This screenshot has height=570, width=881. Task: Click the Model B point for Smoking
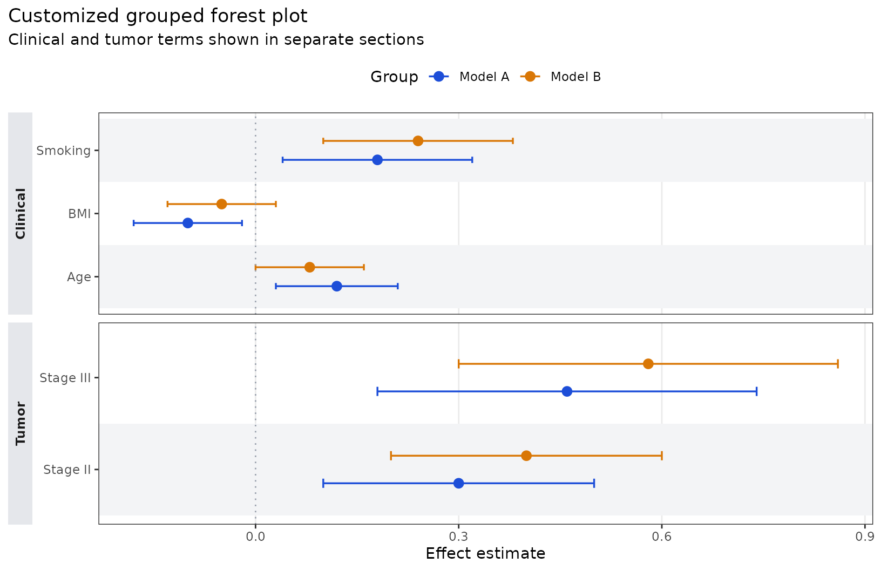(418, 141)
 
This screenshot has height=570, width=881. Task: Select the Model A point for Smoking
(377, 160)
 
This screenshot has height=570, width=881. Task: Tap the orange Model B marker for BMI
(221, 204)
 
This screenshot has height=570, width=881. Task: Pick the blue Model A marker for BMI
(188, 223)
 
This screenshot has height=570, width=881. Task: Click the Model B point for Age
(309, 267)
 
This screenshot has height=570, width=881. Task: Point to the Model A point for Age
(337, 286)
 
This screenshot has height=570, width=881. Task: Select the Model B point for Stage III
(648, 364)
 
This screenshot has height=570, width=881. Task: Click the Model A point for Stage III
(567, 391)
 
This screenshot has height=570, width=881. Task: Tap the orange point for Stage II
(526, 456)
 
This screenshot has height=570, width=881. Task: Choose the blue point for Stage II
(458, 483)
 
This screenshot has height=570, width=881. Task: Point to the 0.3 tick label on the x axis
(458, 537)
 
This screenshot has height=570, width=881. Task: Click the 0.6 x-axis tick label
(661, 537)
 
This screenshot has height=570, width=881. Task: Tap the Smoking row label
(64, 151)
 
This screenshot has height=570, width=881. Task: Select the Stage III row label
(65, 378)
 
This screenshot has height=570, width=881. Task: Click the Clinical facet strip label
(21, 213)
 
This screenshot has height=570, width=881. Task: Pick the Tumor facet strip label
(21, 423)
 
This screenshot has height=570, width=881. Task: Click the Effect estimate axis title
(485, 554)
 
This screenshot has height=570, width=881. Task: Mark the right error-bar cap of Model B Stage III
(838, 364)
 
